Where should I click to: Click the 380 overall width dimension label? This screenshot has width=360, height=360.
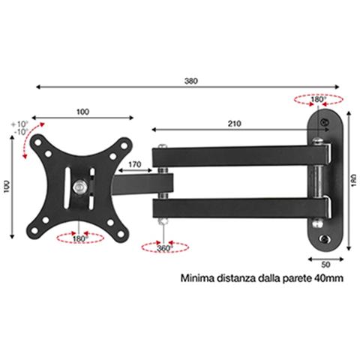click(191, 81)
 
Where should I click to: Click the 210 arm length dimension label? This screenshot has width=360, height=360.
click(235, 124)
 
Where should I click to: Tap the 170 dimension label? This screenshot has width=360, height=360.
click(135, 164)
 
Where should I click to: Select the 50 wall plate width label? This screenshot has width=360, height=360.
click(325, 265)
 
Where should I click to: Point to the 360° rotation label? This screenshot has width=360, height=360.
click(165, 248)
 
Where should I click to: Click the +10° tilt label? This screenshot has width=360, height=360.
click(20, 124)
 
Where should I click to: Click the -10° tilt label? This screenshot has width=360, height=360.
click(21, 132)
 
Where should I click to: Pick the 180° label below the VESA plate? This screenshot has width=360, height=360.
click(80, 239)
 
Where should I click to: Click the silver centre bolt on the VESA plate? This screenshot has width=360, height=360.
click(79, 187)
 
